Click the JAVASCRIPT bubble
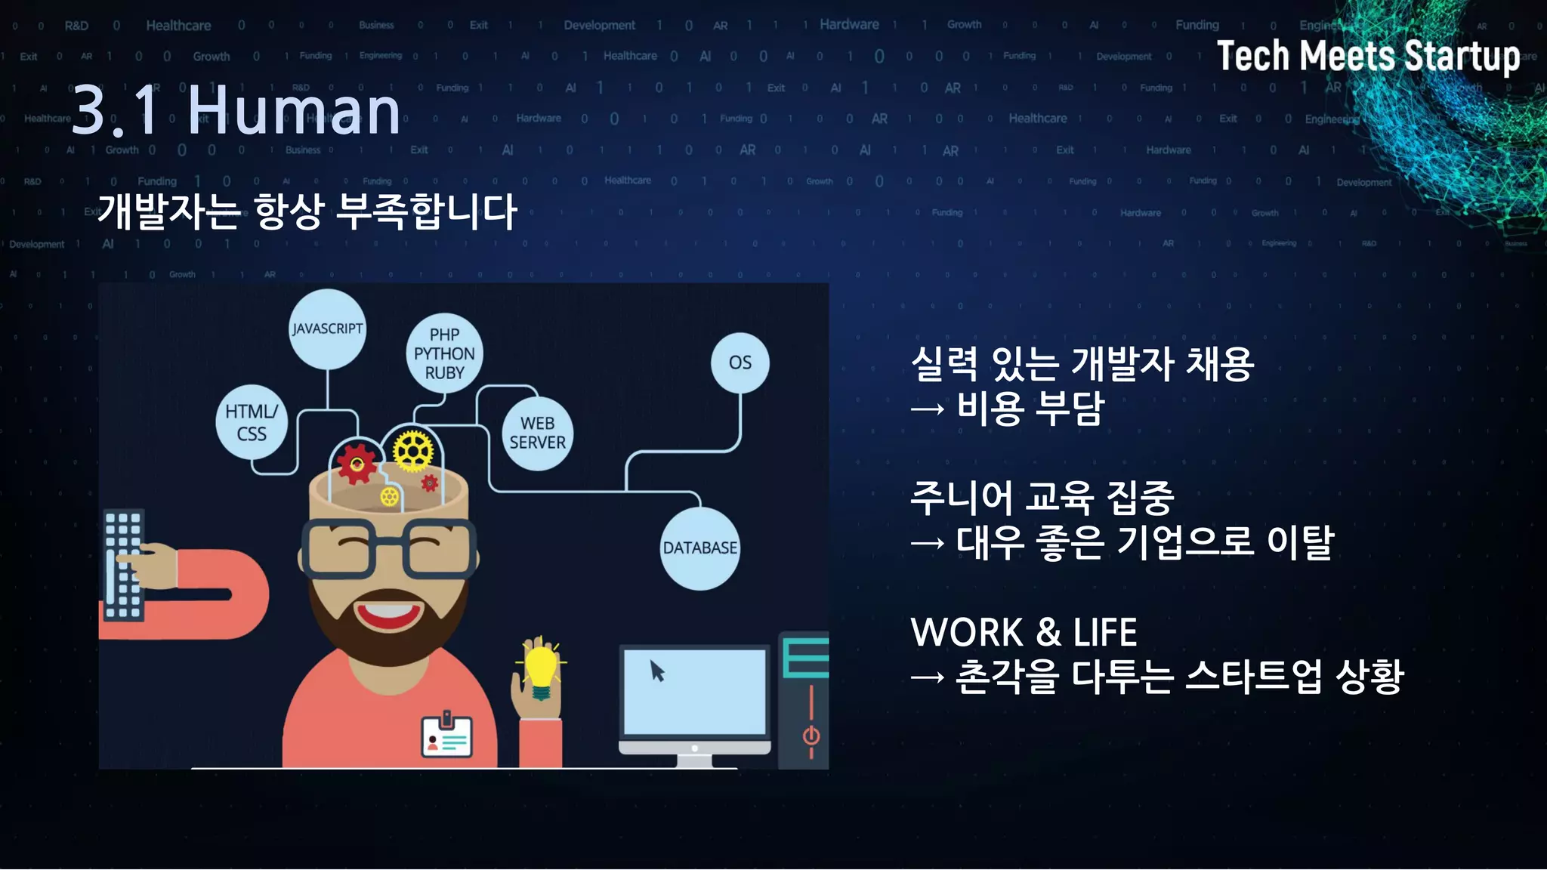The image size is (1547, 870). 327,329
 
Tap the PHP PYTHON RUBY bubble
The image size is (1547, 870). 444,353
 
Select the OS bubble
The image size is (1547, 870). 740,362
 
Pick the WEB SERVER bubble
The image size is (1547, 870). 537,433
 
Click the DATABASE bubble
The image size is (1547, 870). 699,548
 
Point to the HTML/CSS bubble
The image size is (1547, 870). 252,423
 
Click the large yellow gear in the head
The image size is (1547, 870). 413,452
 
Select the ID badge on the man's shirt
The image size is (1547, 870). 446,736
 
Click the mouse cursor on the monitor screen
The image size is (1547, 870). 657,671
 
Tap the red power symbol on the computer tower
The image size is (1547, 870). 811,735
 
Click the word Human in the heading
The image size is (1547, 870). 294,111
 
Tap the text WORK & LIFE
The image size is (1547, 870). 1024,633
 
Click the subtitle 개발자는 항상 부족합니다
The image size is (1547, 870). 307,211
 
